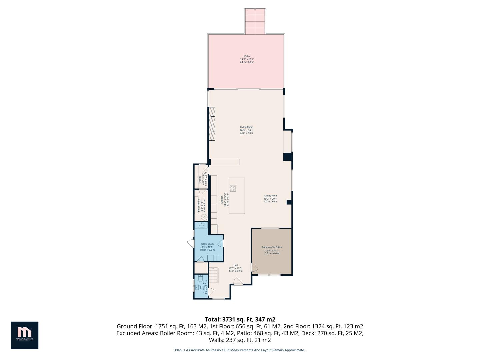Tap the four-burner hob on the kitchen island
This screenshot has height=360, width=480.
pos(233,188)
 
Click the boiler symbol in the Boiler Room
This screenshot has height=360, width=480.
pos(204,217)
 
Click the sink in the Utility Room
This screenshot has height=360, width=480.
pos(201,226)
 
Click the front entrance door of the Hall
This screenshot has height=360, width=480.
pos(238,282)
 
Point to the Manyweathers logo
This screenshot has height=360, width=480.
pos(24,335)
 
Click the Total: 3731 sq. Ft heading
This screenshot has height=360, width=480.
pos(240,319)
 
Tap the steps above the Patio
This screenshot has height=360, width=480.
pos(255,21)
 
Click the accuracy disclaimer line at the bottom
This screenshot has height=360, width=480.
pos(240,350)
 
